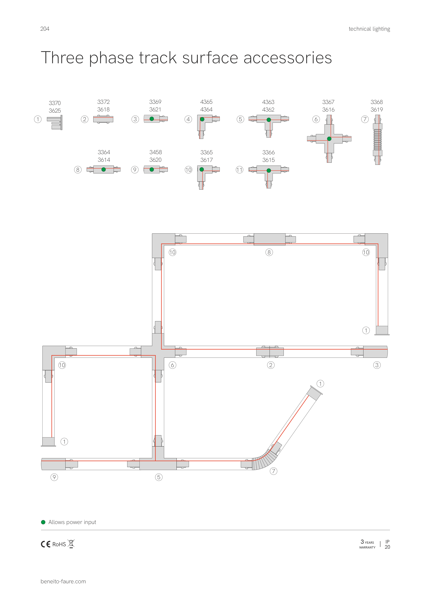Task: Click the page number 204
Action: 45,29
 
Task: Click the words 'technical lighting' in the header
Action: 369,29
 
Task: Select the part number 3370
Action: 55,103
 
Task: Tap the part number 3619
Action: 377,109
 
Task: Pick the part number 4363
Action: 268,102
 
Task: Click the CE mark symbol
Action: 45,544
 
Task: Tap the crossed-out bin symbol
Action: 71,544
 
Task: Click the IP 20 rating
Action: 388,544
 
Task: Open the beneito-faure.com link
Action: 63,581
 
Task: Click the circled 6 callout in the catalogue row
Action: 316,119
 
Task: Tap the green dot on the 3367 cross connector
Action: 329,139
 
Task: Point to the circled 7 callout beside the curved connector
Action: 274,471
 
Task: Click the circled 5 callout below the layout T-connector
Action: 159,477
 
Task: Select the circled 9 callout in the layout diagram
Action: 54,477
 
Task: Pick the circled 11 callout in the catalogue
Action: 240,170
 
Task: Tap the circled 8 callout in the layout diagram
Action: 269,252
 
